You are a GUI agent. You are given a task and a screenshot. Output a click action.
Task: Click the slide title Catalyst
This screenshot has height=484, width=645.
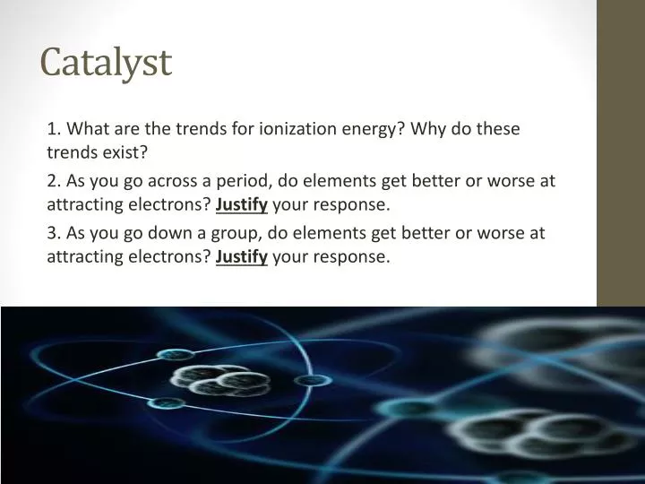point(106,63)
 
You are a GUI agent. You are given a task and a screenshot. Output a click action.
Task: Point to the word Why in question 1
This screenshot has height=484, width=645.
point(433,128)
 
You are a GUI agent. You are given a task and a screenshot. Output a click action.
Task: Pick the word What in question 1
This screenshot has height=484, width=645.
point(88,128)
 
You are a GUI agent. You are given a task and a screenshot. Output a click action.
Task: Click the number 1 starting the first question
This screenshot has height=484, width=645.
point(52,128)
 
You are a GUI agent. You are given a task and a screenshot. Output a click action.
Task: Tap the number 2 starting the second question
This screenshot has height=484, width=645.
point(52,180)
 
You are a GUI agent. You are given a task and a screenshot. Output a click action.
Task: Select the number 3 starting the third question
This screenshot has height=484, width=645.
point(52,233)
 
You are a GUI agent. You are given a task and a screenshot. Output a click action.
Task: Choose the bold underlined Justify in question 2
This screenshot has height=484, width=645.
point(242,204)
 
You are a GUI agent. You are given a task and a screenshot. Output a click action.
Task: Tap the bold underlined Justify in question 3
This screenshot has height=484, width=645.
point(242,257)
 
